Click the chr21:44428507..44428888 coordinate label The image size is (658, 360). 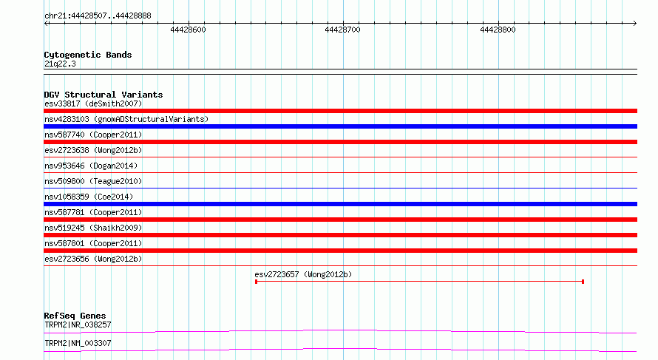coord(98,16)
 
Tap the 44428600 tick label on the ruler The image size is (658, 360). coord(188,30)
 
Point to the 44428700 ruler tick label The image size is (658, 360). coord(342,30)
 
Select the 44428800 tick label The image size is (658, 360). coord(498,30)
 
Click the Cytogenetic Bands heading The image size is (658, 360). coord(88,55)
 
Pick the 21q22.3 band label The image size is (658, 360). coord(60,64)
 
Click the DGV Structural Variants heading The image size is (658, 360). coord(104,95)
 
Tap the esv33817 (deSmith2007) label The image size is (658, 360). coord(93,103)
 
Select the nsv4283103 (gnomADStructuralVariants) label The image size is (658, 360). coord(126,119)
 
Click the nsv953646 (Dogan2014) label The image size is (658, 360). coord(91,166)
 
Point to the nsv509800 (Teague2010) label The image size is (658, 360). coord(93,181)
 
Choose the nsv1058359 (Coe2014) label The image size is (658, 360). coord(89,197)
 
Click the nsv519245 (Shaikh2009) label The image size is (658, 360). coord(93,228)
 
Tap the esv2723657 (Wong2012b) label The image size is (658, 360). coord(303,274)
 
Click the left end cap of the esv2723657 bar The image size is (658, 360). coord(256,282)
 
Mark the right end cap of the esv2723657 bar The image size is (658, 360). coord(583,282)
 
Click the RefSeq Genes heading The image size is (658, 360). coord(75,316)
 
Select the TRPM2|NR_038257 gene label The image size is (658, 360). coord(78,325)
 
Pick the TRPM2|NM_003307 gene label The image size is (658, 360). coord(78,343)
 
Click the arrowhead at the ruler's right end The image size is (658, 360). coord(635,24)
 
